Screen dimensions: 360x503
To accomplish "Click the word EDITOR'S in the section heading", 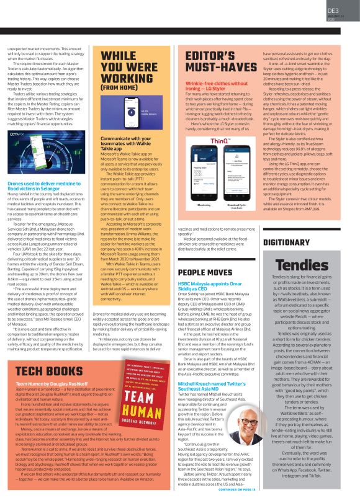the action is coord(203,53).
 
